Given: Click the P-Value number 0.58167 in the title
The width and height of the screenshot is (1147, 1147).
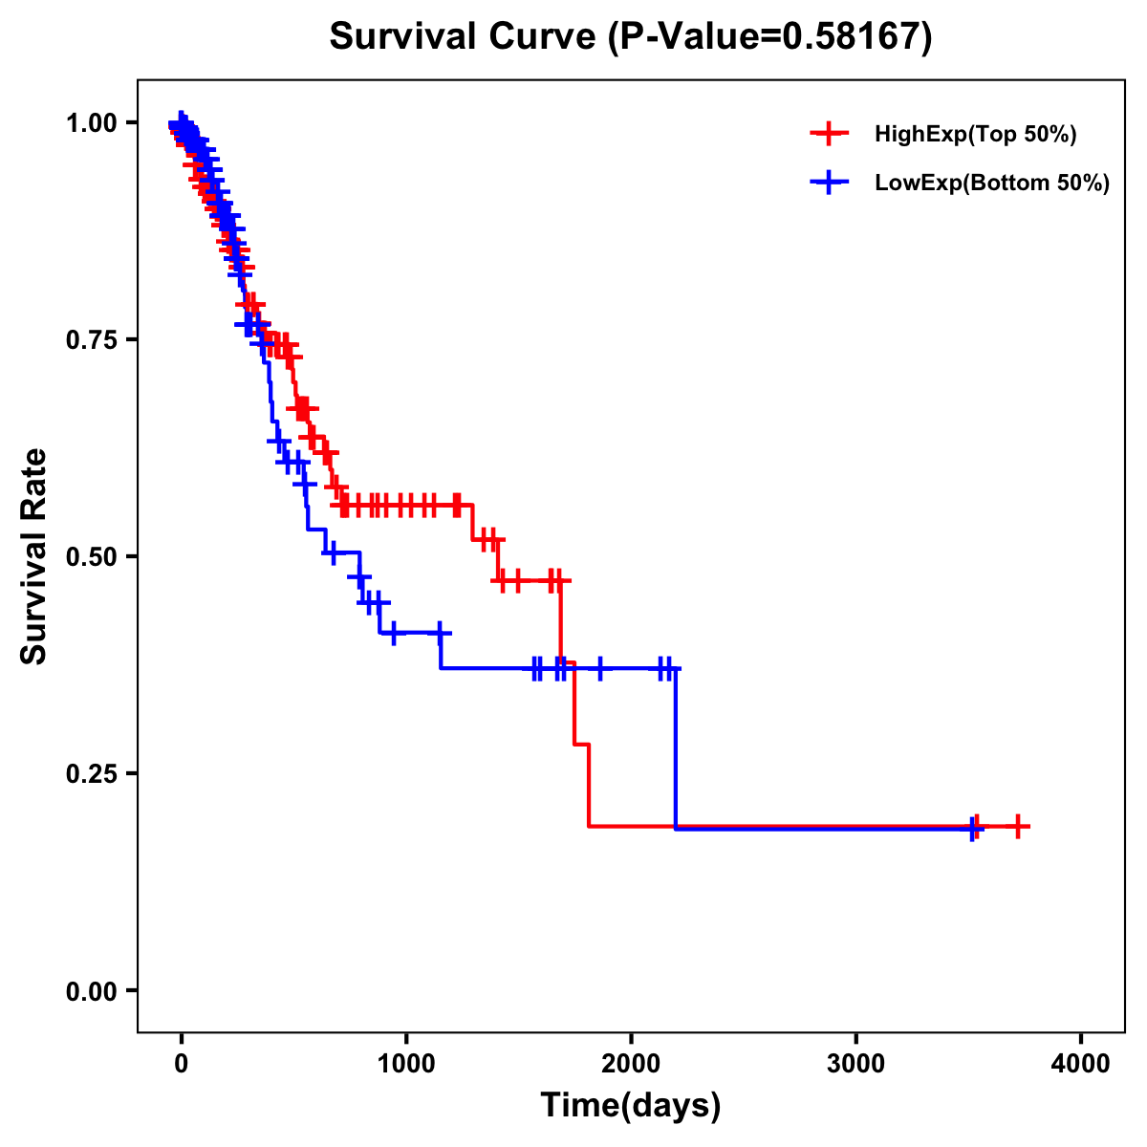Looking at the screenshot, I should point(853,37).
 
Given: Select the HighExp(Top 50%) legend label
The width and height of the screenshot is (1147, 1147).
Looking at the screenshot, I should point(976,134).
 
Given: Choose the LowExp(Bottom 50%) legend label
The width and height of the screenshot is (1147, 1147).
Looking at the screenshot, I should point(992,184).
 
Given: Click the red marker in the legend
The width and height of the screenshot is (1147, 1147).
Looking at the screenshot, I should point(829,134).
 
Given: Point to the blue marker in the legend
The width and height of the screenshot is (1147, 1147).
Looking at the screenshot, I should point(829,183).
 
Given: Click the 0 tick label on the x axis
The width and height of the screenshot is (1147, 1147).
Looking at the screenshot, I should point(182,1064).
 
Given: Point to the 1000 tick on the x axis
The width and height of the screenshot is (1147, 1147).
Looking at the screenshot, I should point(406,1064).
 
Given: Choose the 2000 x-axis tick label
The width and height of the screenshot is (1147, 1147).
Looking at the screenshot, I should point(631,1064).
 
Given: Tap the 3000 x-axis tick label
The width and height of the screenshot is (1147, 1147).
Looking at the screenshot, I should point(855,1064).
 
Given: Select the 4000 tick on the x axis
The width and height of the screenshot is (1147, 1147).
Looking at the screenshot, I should point(1081,1064).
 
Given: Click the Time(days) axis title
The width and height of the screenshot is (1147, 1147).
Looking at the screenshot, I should point(631,1106).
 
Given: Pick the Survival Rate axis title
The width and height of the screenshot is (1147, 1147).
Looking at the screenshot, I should point(35,556).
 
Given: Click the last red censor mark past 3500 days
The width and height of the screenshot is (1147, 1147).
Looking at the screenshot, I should point(1019,826).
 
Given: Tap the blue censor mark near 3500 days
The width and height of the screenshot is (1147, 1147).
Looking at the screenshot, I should point(973,829).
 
